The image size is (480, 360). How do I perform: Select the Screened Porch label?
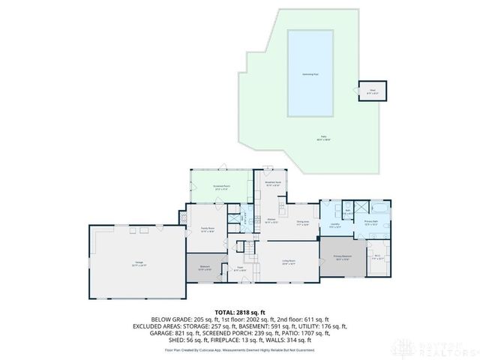pos(220,187)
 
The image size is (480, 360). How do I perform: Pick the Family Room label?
pos(208,229)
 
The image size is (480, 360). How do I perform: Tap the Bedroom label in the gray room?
pos(204,267)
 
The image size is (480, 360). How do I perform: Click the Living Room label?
pos(288,262)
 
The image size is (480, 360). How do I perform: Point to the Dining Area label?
pos(303,222)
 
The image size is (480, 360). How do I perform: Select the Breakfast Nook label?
pos(273,183)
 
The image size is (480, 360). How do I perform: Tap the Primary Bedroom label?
pos(343,259)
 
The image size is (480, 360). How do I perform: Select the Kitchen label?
pos(272,221)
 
